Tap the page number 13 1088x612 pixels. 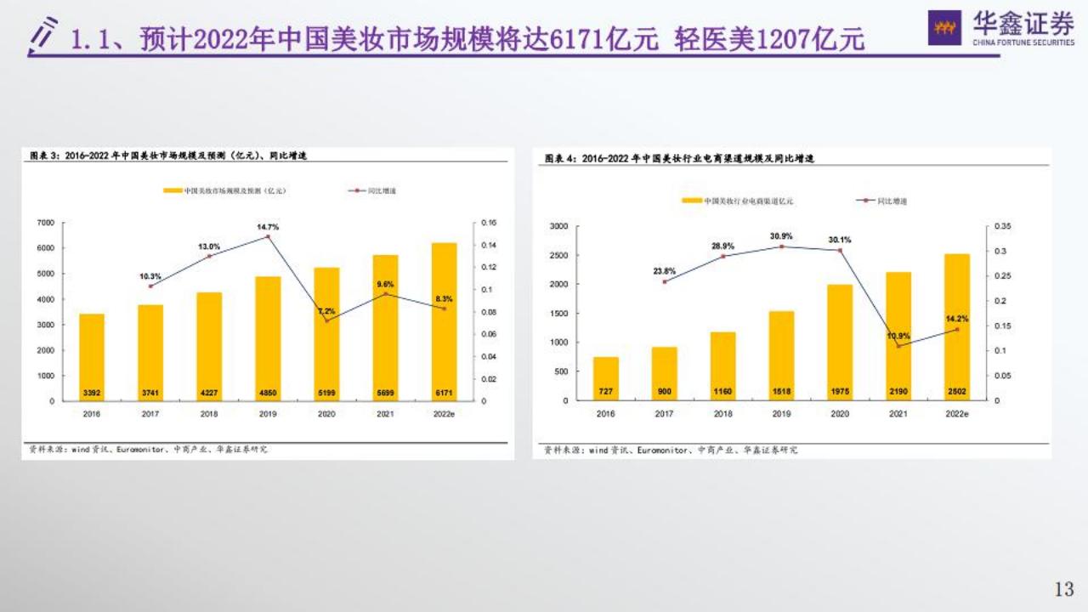pos(1063,588)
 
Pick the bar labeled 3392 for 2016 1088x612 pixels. pos(92,357)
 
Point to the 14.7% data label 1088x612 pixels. pos(269,227)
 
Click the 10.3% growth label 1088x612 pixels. pos(150,276)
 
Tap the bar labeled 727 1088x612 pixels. pos(605,378)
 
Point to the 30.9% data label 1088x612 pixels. pos(781,236)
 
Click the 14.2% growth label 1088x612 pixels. pos(957,319)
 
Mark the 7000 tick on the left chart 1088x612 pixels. pos(45,223)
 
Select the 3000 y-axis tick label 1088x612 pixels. pos(558,227)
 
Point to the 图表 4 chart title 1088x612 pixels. pos(679,159)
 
